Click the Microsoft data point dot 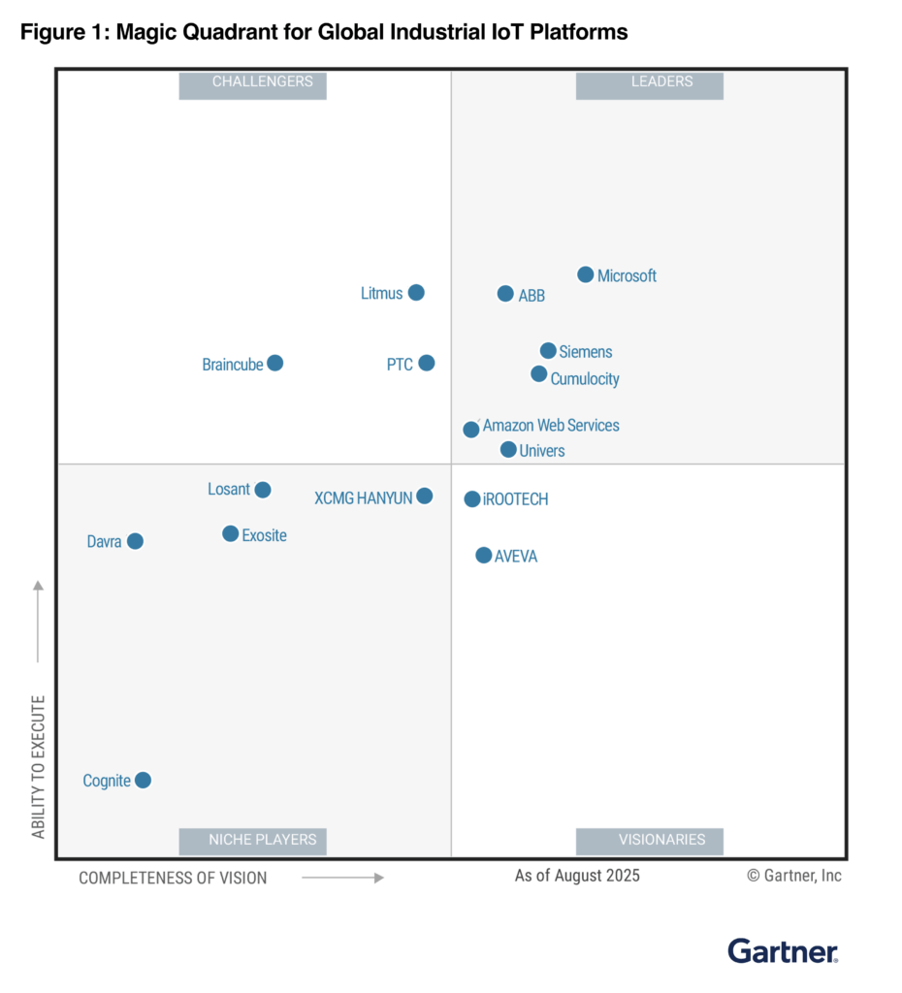[x=586, y=274]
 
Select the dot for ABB [x=505, y=294]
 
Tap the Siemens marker [x=548, y=351]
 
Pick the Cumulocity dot [x=539, y=374]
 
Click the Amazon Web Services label [x=551, y=426]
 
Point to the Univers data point [x=508, y=450]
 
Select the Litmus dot [x=416, y=292]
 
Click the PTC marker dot [x=427, y=363]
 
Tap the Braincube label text [x=233, y=365]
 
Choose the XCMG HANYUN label [x=364, y=498]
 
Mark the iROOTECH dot [x=472, y=499]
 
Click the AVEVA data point [x=484, y=556]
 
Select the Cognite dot [x=143, y=780]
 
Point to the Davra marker [x=135, y=541]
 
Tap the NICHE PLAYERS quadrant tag [x=252, y=841]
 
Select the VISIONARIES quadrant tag [x=649, y=841]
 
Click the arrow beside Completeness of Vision [x=342, y=878]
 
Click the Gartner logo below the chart [x=783, y=951]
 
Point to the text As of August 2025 [x=577, y=876]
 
